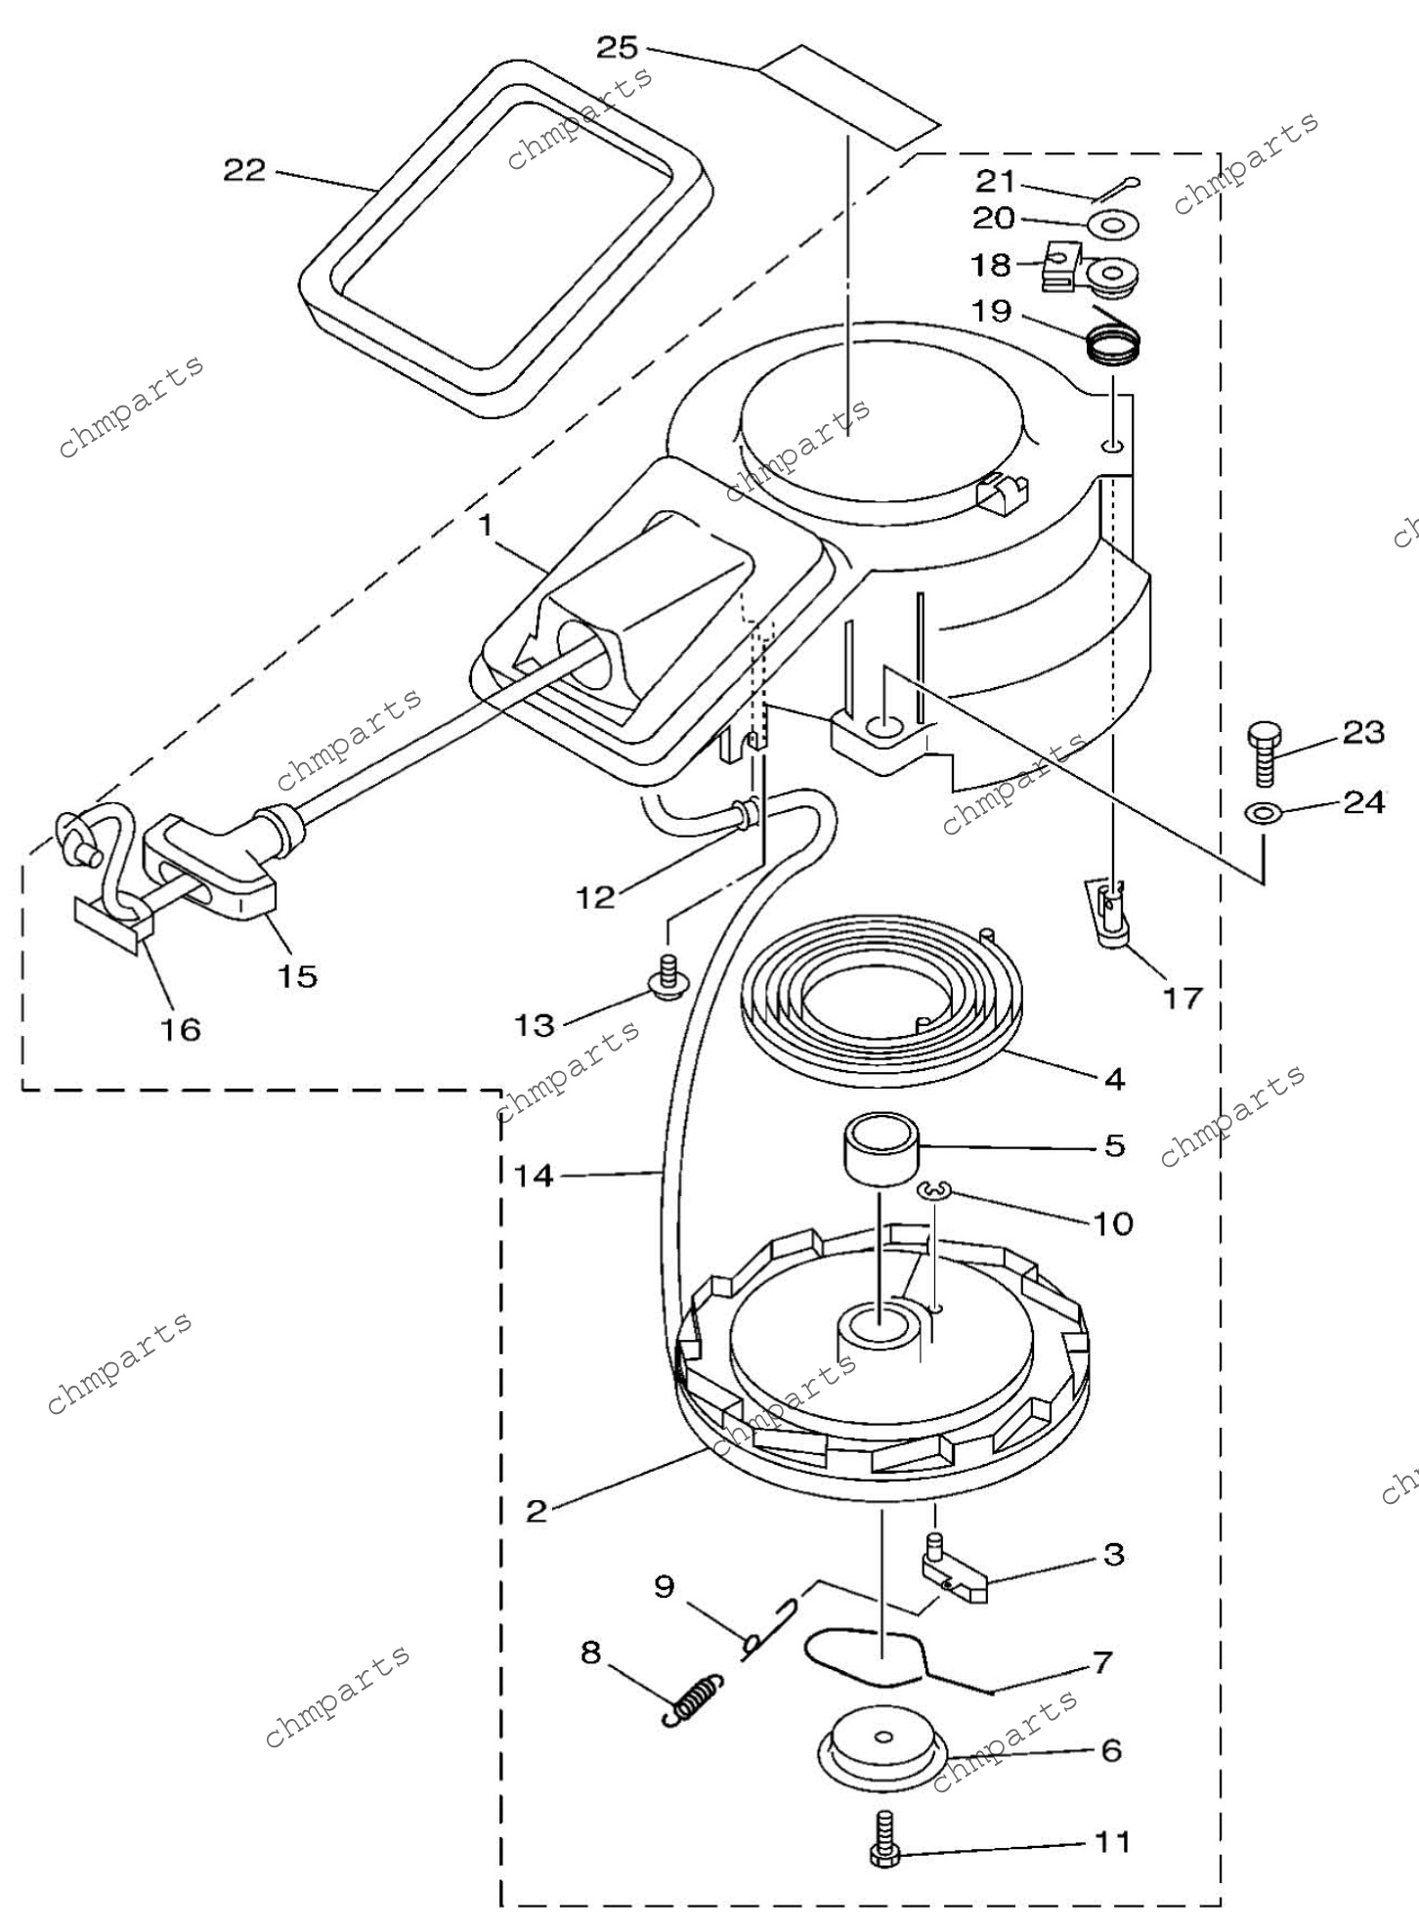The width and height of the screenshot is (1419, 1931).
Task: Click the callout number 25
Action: tap(618, 47)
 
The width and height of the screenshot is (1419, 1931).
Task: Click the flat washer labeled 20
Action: tap(1113, 226)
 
